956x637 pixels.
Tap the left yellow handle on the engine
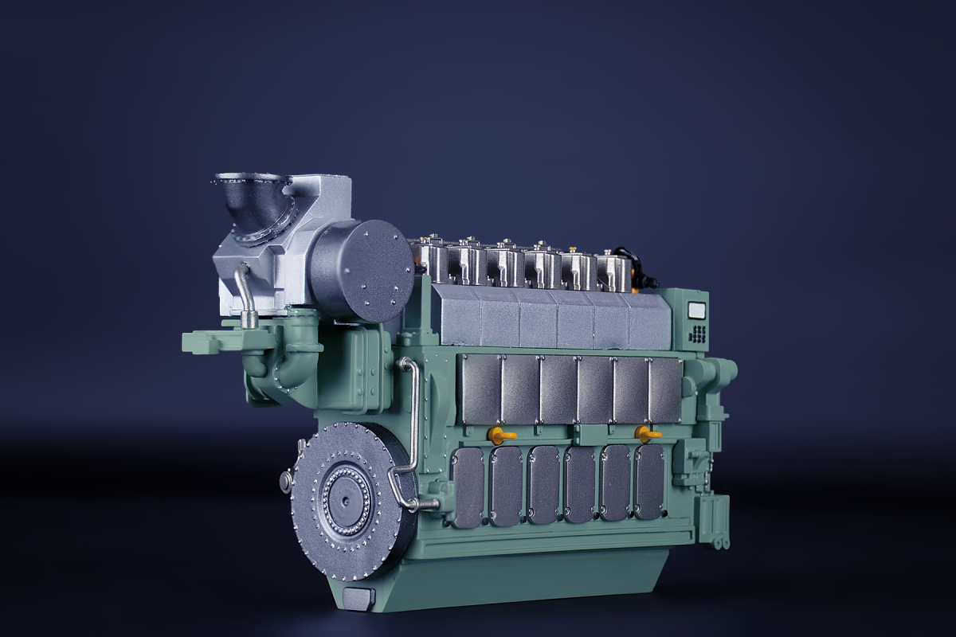pyautogui.click(x=500, y=435)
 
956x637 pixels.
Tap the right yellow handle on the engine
pyautogui.click(x=646, y=434)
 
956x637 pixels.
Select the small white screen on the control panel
pyautogui.click(x=697, y=311)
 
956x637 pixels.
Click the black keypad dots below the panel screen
pyautogui.click(x=697, y=334)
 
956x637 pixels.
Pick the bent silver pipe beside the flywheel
pyautogui.click(x=413, y=434)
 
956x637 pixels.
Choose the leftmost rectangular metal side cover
pyautogui.click(x=480, y=389)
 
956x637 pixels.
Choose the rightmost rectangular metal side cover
pyautogui.click(x=665, y=389)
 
